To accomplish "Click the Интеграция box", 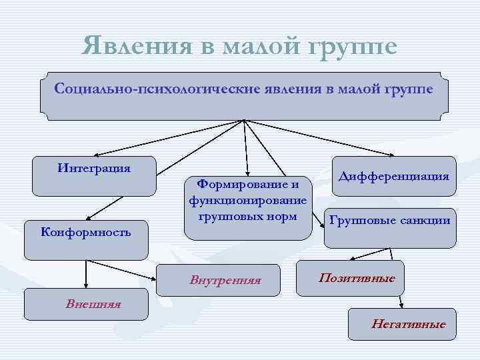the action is coord(94,175).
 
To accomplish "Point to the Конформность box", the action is coord(86,239).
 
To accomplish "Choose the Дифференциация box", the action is coord(394,176).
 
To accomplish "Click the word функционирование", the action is coord(248,200).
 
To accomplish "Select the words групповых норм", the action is coord(248,216).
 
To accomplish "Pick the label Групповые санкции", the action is coord(389,221).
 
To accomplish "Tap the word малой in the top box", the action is coord(357,89).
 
